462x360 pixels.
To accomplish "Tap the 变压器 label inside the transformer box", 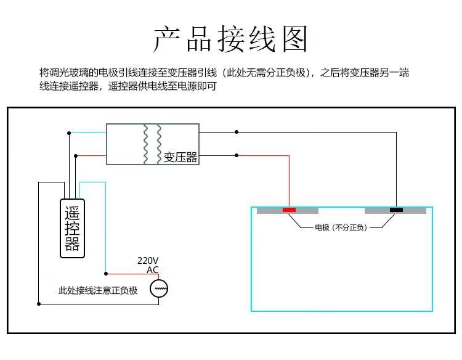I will click(x=180, y=157).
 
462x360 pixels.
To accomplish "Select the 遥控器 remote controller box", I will click(x=72, y=227).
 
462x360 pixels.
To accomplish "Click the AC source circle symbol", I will click(x=160, y=288).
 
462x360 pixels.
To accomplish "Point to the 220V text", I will click(x=148, y=261).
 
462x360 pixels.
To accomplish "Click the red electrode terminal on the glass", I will click(x=289, y=210).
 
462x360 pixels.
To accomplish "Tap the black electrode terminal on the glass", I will click(x=396, y=210).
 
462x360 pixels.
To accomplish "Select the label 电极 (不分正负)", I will click(x=341, y=227).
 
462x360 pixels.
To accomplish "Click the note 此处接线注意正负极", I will click(x=97, y=290).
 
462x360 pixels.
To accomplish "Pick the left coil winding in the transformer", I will click(x=146, y=144).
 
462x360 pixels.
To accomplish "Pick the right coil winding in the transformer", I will click(x=159, y=144).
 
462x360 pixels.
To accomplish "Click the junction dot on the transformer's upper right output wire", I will click(x=236, y=131).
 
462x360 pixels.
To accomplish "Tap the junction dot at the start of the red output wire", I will click(x=236, y=155).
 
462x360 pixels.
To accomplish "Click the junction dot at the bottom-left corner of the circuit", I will click(x=39, y=303).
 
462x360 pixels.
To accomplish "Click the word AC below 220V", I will click(x=152, y=270).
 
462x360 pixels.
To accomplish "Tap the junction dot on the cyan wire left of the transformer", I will click(x=70, y=132).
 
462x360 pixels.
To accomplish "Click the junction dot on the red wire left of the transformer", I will click(x=75, y=155).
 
